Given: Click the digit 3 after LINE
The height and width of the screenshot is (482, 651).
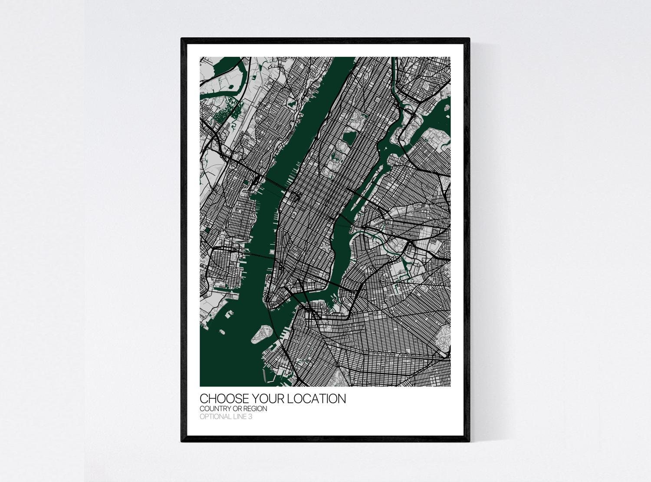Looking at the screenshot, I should click(250, 417).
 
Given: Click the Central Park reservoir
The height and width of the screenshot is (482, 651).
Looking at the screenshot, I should click(348, 138).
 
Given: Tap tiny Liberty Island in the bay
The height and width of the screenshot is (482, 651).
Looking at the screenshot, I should click(222, 332).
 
